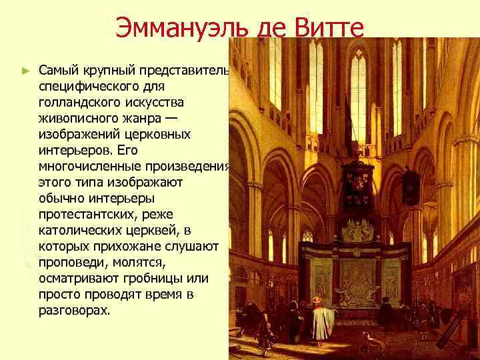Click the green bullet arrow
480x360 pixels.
coord(25,69)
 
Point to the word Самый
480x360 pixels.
coord(58,71)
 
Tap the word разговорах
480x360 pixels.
coord(73,311)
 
